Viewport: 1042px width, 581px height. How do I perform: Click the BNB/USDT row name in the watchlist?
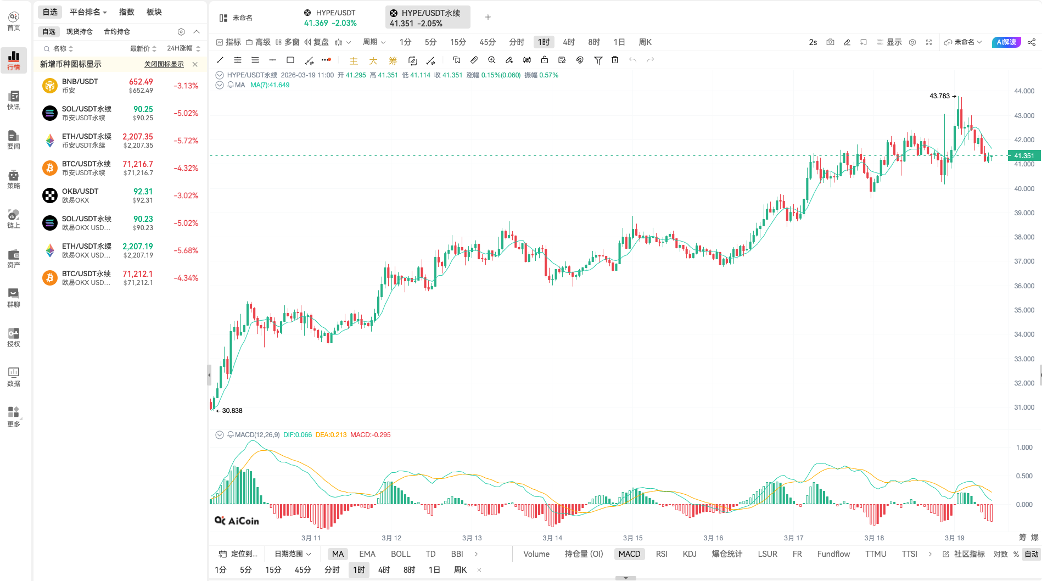[80, 81]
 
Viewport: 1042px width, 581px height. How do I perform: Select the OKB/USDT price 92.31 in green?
[143, 192]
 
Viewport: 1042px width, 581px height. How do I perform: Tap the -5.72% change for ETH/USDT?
[186, 141]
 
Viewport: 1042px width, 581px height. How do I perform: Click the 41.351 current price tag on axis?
[1023, 156]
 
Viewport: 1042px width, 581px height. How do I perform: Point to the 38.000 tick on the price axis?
[1024, 237]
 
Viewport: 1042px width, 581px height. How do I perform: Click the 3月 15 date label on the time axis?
[632, 538]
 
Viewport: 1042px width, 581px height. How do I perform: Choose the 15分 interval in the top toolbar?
[458, 42]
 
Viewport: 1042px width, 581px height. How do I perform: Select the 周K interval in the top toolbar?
[645, 42]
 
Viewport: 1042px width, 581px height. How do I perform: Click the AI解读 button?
[1006, 42]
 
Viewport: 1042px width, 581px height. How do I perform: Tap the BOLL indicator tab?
[400, 554]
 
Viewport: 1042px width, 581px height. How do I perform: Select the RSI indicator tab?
[662, 554]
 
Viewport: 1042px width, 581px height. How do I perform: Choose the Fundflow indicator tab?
[833, 554]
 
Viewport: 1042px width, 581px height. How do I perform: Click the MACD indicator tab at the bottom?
[629, 554]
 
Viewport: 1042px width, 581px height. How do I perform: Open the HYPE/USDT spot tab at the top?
[330, 18]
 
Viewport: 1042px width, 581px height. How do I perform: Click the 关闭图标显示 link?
[164, 64]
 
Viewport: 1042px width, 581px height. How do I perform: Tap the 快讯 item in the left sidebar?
[14, 100]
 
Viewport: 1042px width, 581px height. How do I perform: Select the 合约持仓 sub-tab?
[116, 32]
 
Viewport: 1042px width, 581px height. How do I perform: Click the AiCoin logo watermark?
[237, 521]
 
